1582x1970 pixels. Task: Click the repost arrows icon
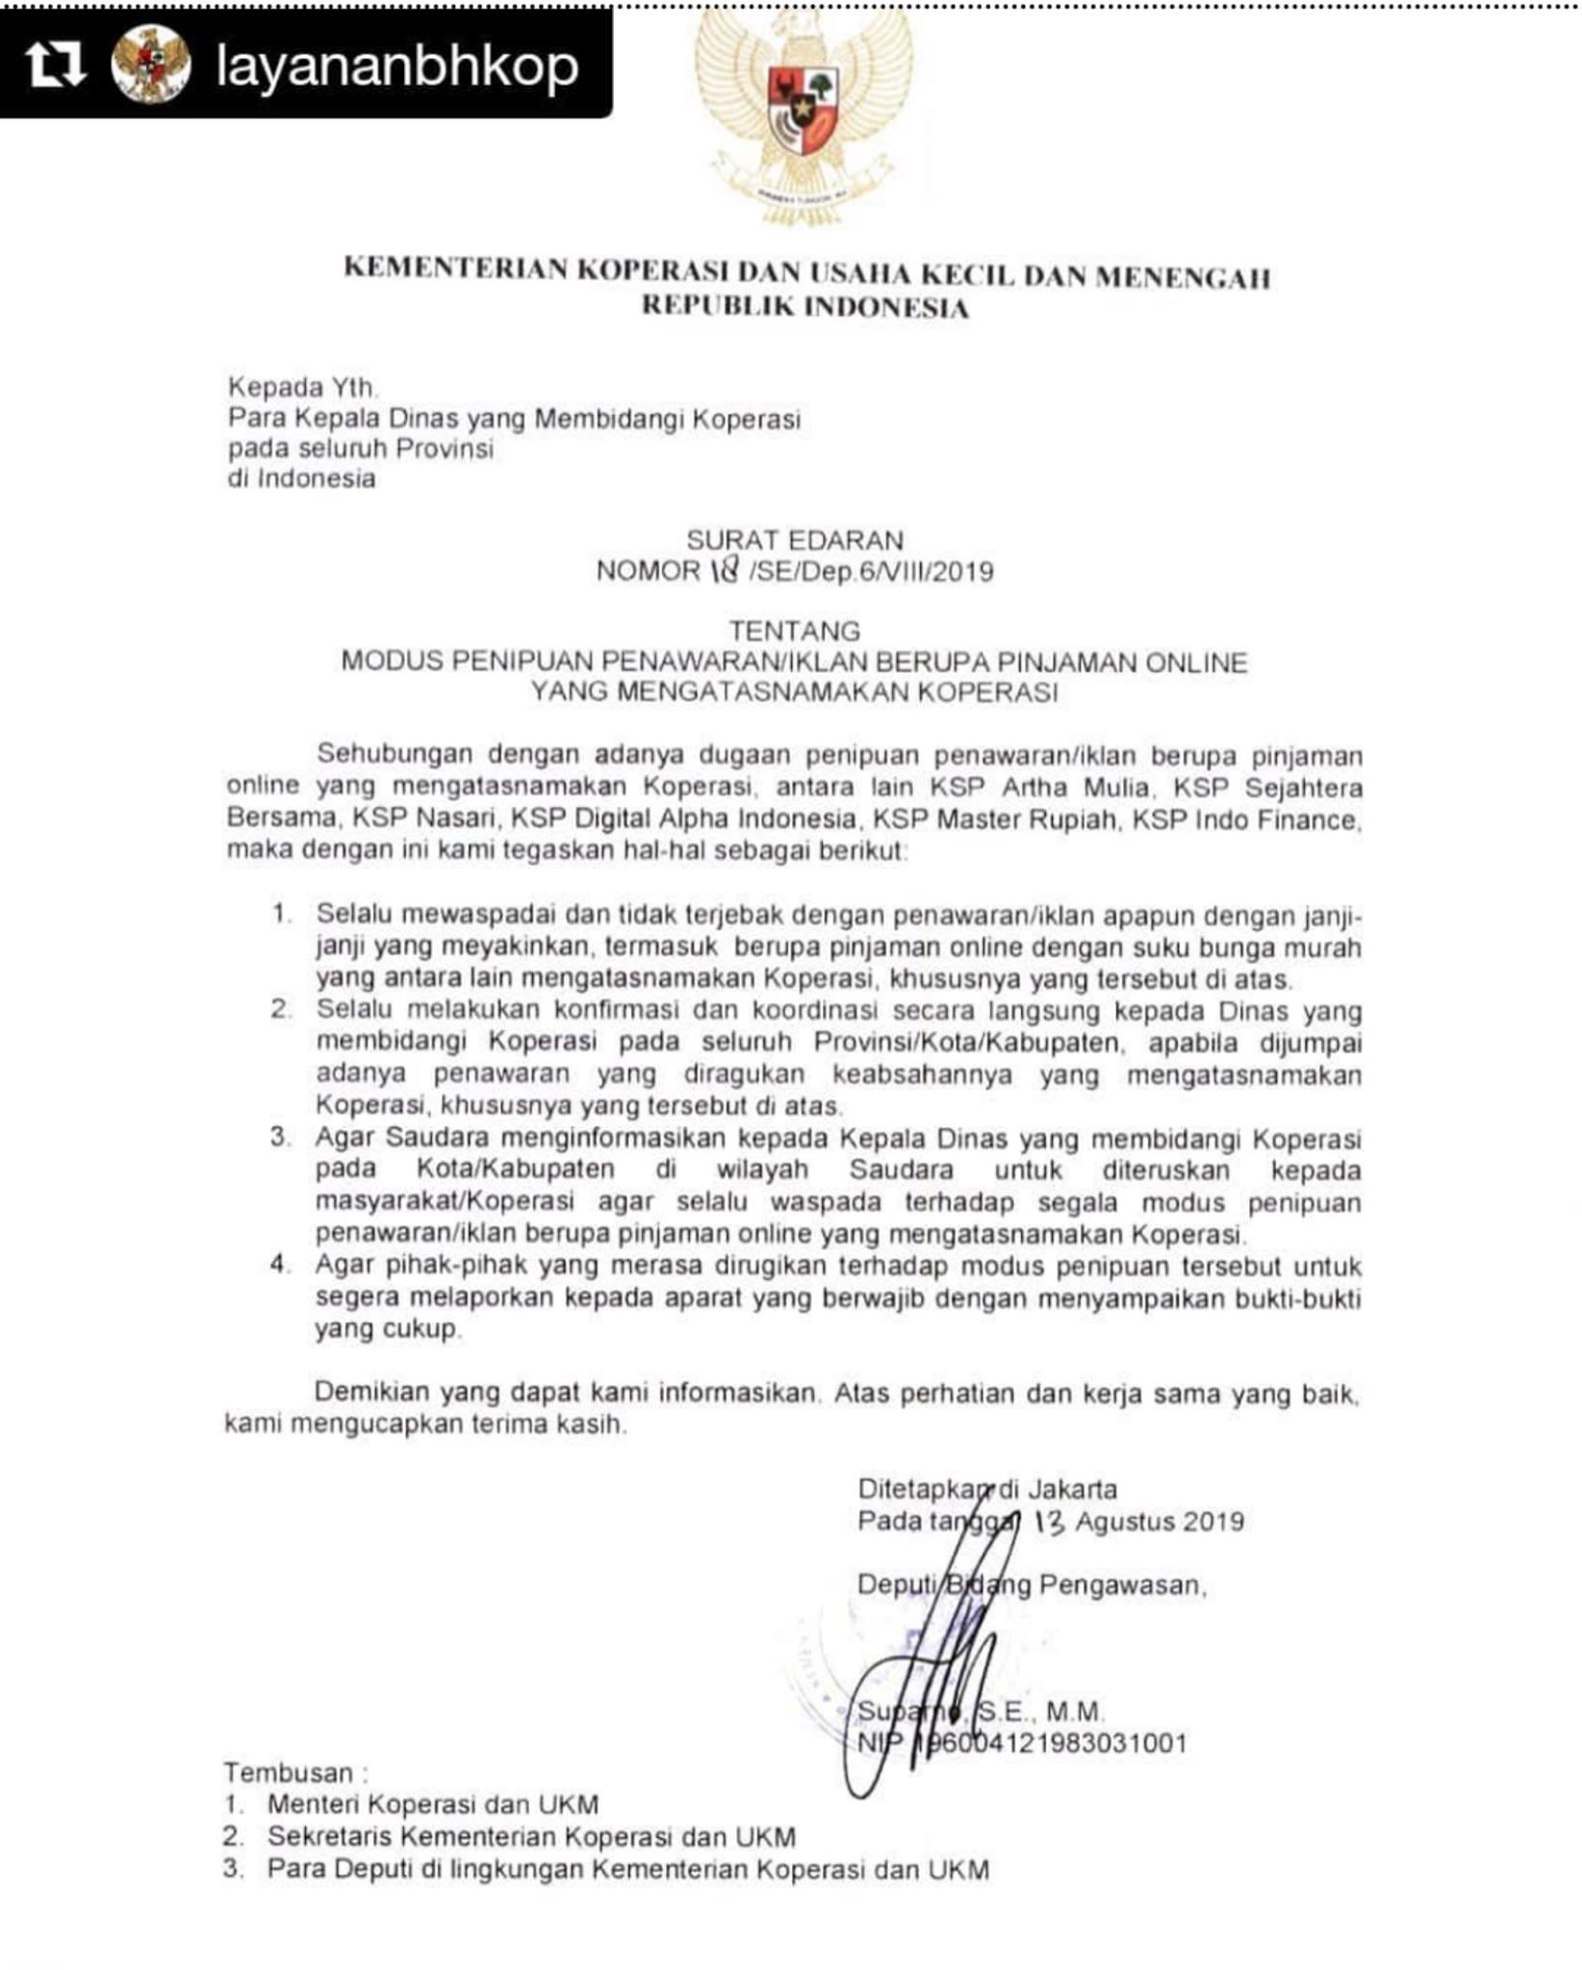pyautogui.click(x=55, y=63)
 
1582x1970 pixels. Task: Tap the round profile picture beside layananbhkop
pyautogui.click(x=150, y=63)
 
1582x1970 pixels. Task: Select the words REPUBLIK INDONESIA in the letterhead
pyautogui.click(x=804, y=307)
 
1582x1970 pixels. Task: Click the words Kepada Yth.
pyautogui.click(x=302, y=388)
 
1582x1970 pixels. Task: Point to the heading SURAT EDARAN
pyautogui.click(x=794, y=540)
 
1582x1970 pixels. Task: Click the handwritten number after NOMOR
pyautogui.click(x=725, y=570)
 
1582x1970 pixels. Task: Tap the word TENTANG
pyautogui.click(x=794, y=631)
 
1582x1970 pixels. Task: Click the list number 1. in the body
pyautogui.click(x=281, y=913)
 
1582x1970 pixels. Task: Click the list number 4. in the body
pyautogui.click(x=280, y=1264)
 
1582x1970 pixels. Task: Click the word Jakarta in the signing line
pyautogui.click(x=1072, y=1490)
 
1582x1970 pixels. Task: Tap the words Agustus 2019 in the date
pyautogui.click(x=1160, y=1522)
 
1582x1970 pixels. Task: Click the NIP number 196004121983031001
pyautogui.click(x=1054, y=1744)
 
